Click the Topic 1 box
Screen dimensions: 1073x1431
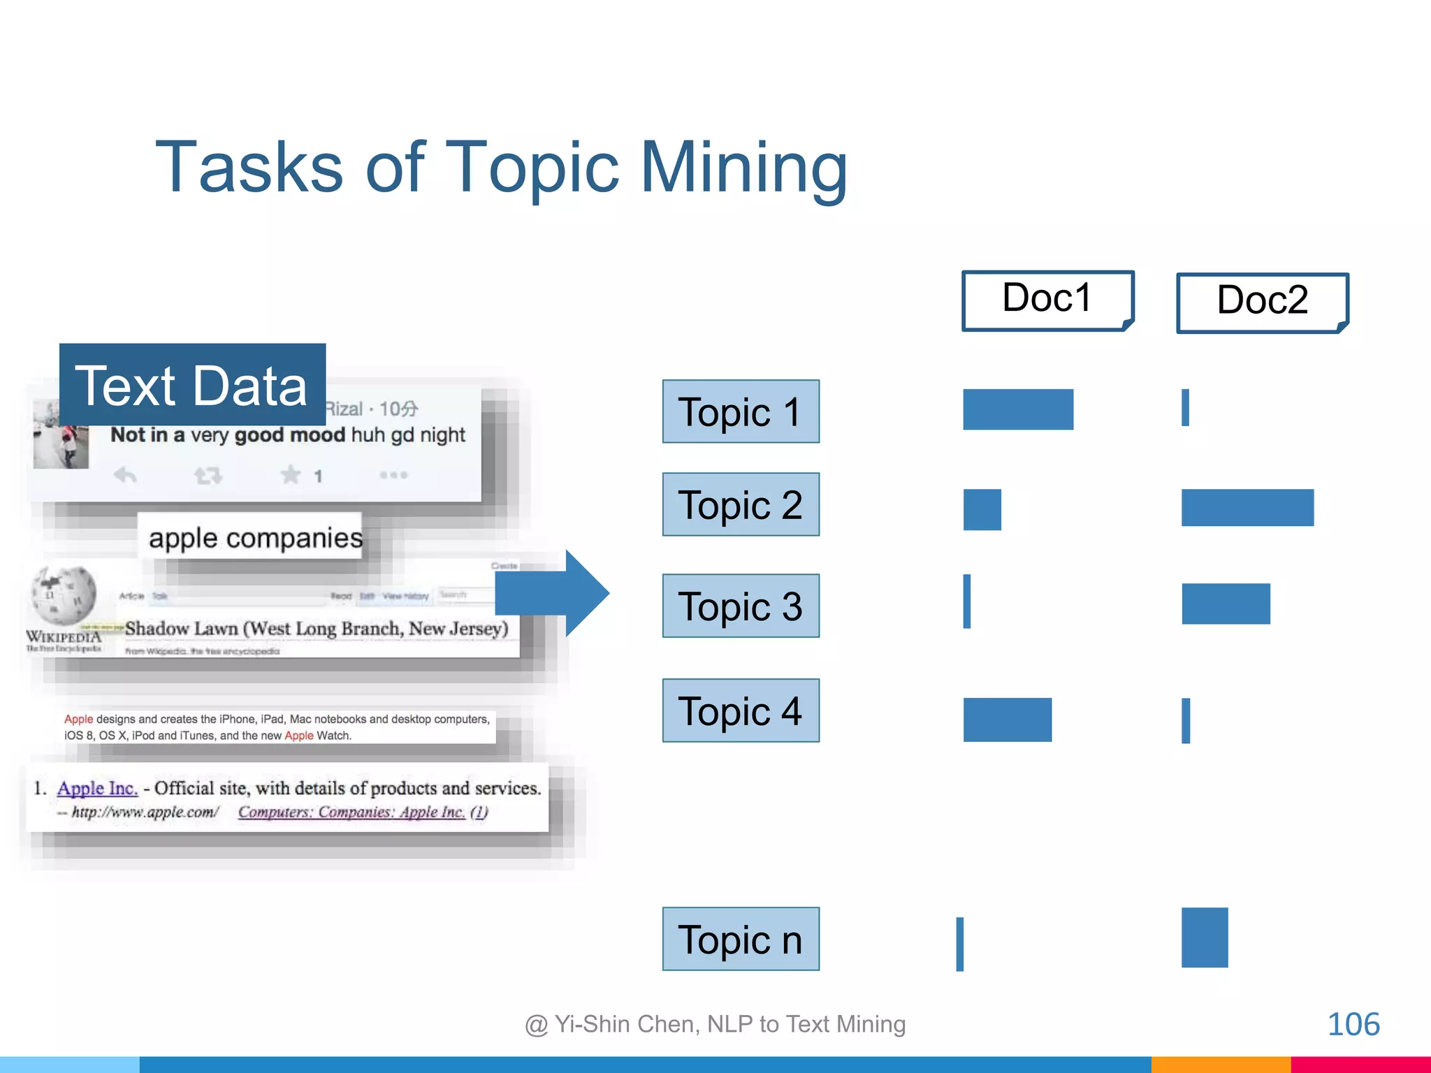741,411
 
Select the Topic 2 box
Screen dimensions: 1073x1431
741,504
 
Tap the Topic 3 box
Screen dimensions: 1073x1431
741,606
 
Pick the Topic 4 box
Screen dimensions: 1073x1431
741,710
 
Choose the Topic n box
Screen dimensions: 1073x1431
741,939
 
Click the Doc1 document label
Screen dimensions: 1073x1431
1047,300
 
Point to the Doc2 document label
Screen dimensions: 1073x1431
1262,302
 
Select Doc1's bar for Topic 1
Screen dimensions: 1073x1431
1018,409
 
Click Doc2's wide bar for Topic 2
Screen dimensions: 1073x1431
1247,508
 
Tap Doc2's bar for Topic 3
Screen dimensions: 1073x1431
1226,604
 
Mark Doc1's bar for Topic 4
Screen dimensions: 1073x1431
1007,720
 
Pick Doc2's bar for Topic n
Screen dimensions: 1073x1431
1205,937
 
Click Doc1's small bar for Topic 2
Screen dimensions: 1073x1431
982,510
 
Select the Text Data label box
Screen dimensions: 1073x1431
192,385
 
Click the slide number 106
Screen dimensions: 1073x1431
1353,1025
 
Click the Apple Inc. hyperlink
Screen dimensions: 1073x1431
97,788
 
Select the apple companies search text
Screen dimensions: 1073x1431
255,538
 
